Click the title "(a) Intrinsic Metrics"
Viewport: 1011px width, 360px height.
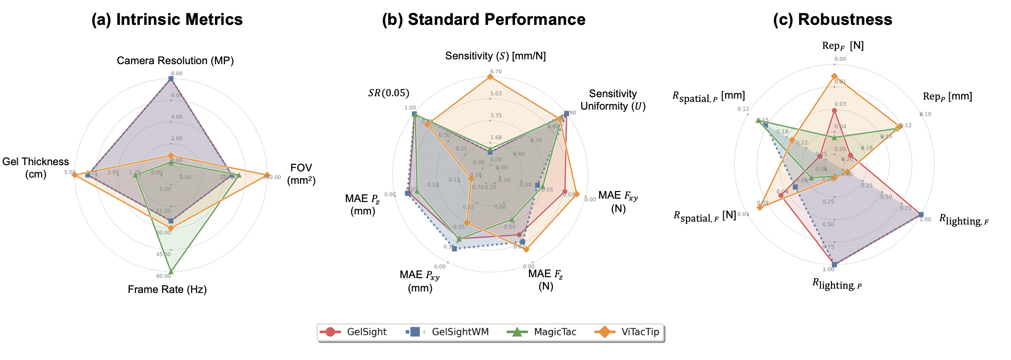[x=167, y=20]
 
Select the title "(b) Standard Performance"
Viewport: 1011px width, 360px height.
[x=483, y=20]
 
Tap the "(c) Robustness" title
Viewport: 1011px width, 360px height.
[x=832, y=20]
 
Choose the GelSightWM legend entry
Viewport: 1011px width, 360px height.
[x=448, y=332]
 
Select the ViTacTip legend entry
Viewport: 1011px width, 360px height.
[x=627, y=332]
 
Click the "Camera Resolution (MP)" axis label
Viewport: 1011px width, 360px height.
[x=175, y=61]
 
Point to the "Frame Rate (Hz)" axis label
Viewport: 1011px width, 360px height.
[x=167, y=290]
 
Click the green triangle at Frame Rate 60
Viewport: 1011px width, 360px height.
[x=171, y=271]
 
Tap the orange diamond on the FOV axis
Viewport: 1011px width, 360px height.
[x=267, y=175]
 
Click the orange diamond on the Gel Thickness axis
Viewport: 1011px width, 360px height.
[x=74, y=175]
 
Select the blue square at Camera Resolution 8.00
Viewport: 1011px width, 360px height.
[x=171, y=79]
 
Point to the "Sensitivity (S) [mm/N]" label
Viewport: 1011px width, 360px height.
[x=495, y=56]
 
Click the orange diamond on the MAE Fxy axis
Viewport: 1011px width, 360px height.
[x=576, y=194]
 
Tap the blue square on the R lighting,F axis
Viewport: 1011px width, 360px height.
[x=921, y=214]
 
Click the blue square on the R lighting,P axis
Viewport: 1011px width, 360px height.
[x=834, y=264]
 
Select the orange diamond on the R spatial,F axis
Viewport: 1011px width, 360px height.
[x=759, y=207]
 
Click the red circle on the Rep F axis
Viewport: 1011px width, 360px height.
[x=834, y=111]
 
